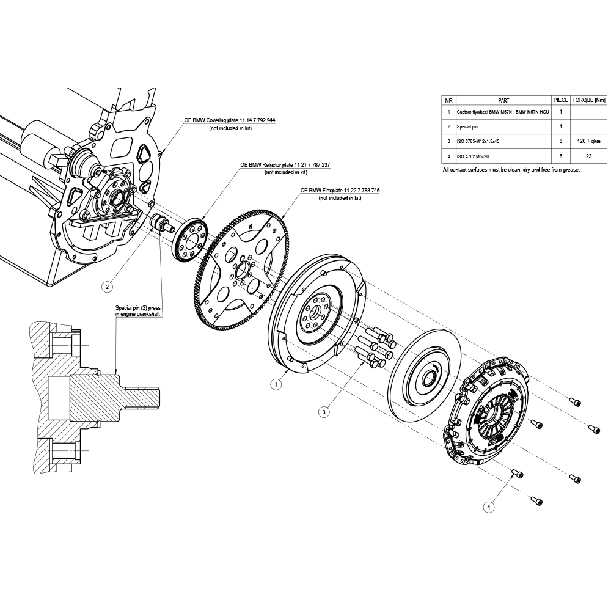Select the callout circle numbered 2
[108, 285]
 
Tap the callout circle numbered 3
[324, 412]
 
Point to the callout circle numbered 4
[488, 507]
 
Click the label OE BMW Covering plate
[230, 121]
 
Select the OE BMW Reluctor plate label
[285, 165]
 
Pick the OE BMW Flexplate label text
[340, 191]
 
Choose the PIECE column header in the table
[560, 100]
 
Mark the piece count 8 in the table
[560, 141]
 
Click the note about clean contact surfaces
[511, 170]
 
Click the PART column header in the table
[503, 100]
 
